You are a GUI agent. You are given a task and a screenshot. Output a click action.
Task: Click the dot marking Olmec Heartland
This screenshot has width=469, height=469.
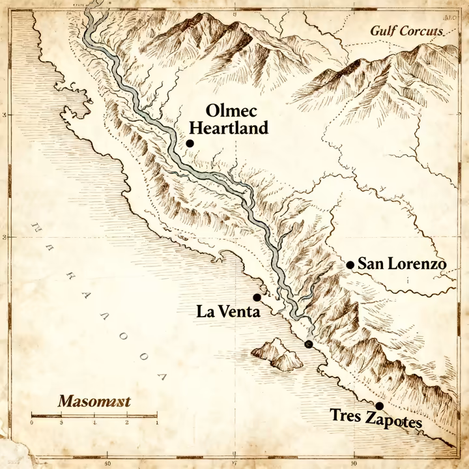(190, 143)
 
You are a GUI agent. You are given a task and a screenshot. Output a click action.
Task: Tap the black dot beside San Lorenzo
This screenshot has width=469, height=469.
(350, 264)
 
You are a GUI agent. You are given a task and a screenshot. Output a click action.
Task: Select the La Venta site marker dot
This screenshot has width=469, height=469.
(257, 297)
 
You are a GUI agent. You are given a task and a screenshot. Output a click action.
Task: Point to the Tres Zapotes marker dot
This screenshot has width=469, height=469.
(379, 406)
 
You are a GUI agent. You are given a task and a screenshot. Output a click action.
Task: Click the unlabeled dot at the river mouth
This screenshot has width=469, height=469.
(309, 344)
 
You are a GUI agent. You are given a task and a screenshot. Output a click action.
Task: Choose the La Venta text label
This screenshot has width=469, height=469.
(228, 312)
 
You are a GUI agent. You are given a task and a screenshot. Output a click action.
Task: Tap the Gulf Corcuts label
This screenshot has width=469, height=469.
(406, 31)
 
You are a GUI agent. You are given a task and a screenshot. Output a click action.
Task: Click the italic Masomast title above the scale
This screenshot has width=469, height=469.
(94, 401)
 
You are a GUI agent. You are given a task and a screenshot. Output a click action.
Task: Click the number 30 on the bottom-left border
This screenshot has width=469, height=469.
(108, 464)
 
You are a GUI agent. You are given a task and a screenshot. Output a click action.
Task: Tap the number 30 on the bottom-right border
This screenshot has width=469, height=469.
(352, 464)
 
